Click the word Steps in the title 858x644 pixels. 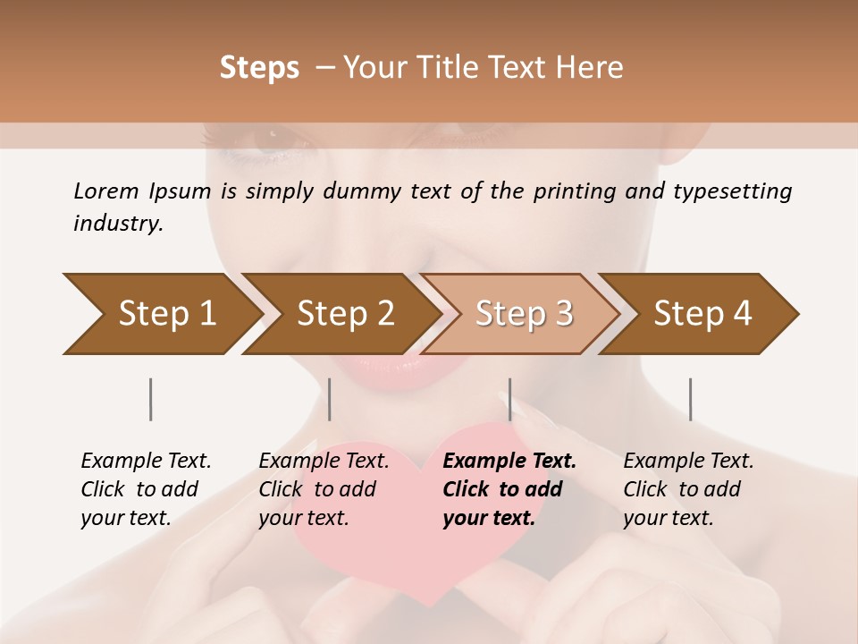[259, 68]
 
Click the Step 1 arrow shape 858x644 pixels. [161, 313]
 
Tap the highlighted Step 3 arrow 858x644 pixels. [522, 313]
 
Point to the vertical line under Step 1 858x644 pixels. [151, 399]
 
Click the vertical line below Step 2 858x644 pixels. [330, 399]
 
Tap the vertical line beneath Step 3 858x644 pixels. [510, 399]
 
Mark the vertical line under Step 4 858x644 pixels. [690, 399]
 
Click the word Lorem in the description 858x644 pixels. [105, 191]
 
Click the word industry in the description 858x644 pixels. [117, 224]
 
